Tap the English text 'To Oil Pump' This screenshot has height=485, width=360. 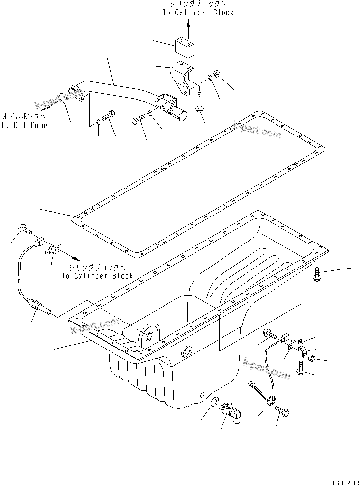pos(24,125)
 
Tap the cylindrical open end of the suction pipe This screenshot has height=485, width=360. pos(181,116)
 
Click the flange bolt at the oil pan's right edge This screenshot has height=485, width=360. pos(317,274)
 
